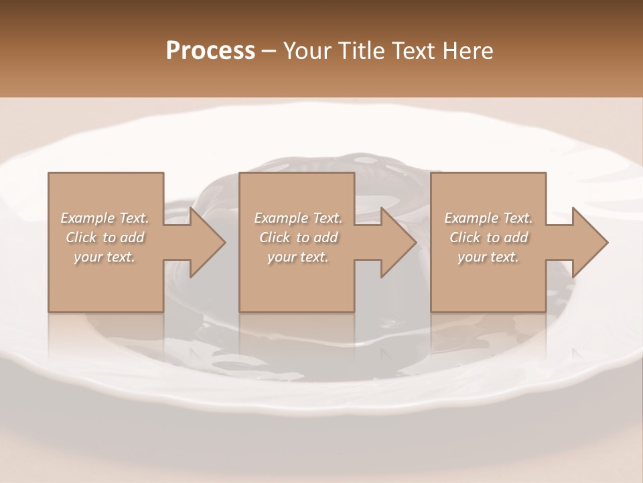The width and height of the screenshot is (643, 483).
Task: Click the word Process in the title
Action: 210,51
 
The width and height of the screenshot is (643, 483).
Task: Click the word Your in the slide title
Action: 309,51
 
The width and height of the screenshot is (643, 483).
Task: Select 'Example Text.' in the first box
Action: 104,218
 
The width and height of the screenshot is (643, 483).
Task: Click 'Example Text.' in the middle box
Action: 297,218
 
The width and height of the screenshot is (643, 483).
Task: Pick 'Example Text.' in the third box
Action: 488,218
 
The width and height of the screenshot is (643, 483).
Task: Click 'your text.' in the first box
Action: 104,257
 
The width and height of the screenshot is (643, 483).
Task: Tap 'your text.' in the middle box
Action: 297,257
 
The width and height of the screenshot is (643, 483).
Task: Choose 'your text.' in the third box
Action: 488,257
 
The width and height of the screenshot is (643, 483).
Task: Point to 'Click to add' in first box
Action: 104,237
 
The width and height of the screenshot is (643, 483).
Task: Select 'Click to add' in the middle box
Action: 297,237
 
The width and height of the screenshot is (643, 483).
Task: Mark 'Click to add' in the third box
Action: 488,237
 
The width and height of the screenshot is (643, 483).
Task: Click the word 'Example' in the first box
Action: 88,218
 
